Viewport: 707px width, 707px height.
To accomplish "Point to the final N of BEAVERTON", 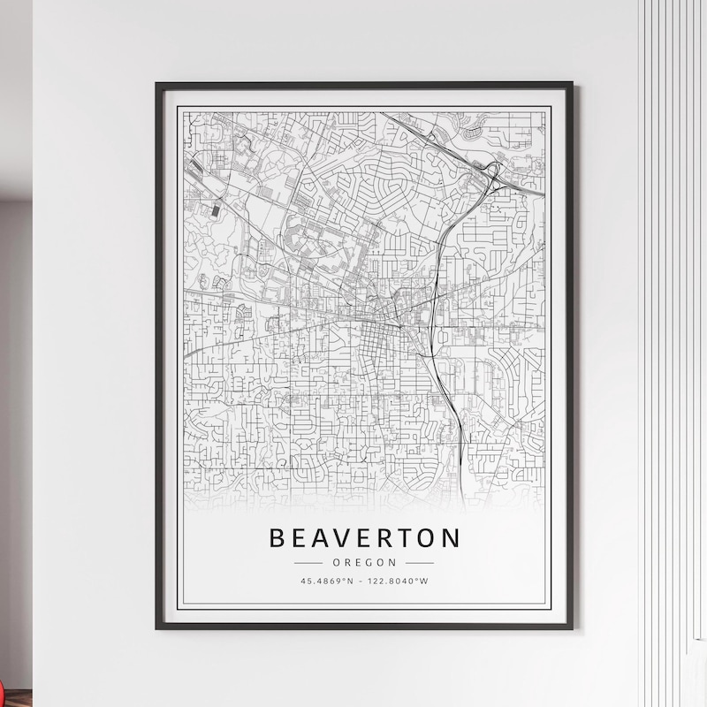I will pos(451,537).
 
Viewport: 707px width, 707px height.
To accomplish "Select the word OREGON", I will pos(364,562).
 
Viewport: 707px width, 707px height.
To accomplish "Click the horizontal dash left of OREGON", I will pos(308,562).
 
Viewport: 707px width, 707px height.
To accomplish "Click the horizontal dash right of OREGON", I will pos(420,562).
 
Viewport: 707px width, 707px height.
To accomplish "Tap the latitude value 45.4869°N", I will pos(328,581).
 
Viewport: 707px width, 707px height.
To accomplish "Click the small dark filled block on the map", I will pos(217,211).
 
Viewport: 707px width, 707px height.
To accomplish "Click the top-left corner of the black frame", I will pos(157,84).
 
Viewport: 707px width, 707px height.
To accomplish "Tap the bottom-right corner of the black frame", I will pos(571,627).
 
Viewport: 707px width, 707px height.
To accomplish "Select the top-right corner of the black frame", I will pos(571,84).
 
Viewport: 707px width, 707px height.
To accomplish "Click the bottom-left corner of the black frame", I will pos(157,627).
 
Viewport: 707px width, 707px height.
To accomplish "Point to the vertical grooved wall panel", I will pos(672,353).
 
